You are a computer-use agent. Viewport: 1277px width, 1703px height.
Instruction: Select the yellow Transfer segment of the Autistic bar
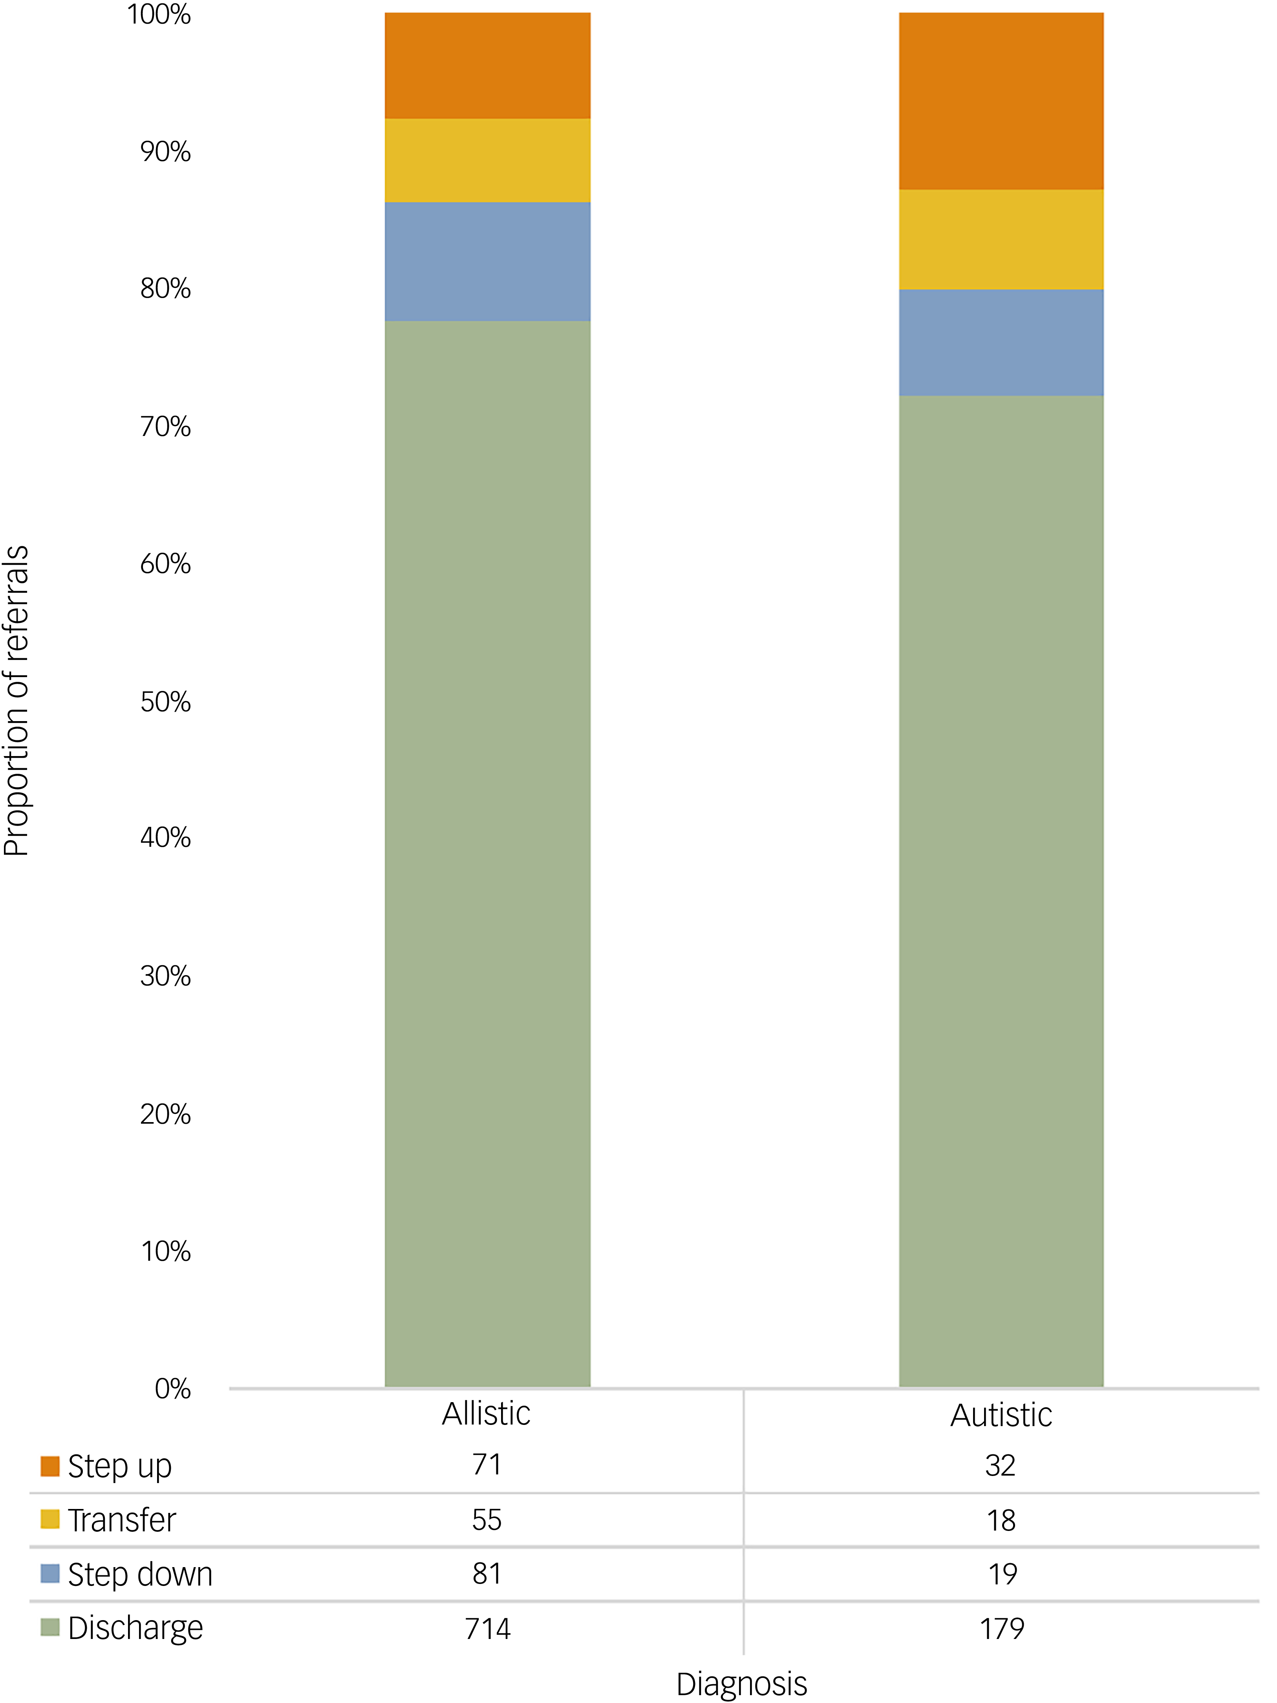click(x=1001, y=240)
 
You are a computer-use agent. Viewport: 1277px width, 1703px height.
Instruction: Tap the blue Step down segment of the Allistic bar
click(x=487, y=262)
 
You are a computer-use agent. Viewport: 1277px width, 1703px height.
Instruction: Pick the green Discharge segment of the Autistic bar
click(x=1001, y=892)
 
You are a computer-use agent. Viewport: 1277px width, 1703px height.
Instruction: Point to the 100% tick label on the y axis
click(x=159, y=15)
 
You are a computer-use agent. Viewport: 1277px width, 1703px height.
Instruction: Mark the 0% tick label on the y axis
click(x=172, y=1388)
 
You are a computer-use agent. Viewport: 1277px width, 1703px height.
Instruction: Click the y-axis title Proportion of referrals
click(x=16, y=701)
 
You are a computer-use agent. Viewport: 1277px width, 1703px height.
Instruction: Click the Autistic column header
click(x=1001, y=1415)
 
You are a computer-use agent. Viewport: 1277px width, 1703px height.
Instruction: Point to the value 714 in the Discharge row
click(x=487, y=1628)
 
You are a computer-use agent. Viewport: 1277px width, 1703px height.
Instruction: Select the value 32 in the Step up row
click(x=1001, y=1465)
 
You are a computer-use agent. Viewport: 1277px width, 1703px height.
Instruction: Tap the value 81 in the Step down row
click(x=487, y=1574)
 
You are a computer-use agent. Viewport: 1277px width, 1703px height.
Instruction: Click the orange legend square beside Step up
click(x=50, y=1466)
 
